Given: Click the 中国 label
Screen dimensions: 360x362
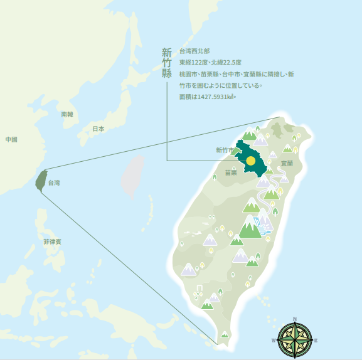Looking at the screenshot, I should (11, 139).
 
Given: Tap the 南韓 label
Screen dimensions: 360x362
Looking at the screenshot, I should (67, 115).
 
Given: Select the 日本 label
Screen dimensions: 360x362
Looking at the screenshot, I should (98, 129).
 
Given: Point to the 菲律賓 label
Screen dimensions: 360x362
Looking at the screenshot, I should (52, 241).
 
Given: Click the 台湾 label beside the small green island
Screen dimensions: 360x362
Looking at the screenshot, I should (54, 183).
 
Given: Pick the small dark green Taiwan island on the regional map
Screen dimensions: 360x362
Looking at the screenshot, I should (41, 179).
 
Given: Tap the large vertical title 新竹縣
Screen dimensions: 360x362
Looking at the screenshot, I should (166, 63).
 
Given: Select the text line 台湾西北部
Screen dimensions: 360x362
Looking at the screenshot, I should (194, 51).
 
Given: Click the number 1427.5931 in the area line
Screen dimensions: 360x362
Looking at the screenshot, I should (214, 97).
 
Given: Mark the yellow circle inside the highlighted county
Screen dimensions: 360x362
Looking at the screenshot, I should (250, 161).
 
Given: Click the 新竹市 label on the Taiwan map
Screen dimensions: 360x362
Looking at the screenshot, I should (225, 151).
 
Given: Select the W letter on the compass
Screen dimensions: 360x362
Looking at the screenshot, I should (274, 340).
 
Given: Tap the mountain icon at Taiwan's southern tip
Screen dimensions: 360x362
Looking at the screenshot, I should (225, 336).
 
